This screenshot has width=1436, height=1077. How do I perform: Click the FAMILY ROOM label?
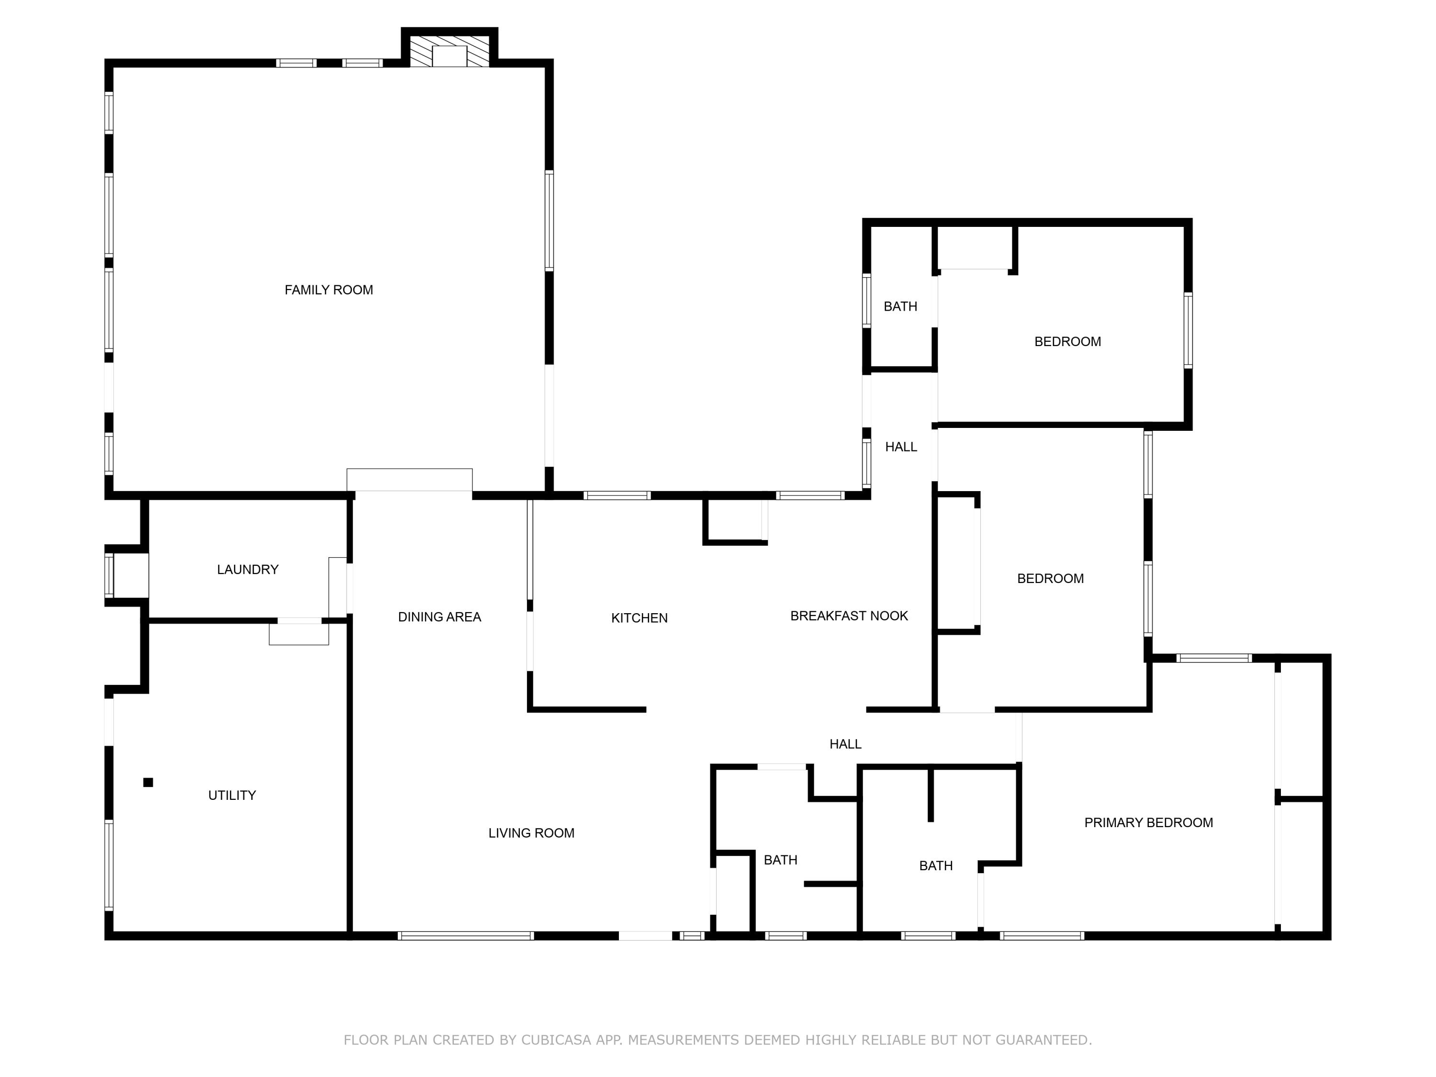tap(328, 290)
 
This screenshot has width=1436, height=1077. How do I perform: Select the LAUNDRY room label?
tap(247, 569)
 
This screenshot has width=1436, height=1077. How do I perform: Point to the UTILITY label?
tap(232, 795)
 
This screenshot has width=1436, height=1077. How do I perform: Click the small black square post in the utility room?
tap(148, 782)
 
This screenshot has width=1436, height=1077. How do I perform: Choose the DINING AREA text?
tap(439, 617)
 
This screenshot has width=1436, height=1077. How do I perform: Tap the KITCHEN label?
tap(639, 618)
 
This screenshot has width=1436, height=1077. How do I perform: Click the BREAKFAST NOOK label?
tap(849, 616)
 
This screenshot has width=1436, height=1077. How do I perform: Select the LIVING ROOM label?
tap(531, 833)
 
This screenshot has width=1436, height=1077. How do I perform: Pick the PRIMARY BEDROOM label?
tap(1148, 822)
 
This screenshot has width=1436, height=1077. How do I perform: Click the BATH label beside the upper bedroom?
tap(900, 306)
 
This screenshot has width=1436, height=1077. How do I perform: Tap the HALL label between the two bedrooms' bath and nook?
tap(900, 447)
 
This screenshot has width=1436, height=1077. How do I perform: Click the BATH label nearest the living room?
tap(780, 860)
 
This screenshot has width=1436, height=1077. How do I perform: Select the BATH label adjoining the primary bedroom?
tap(935, 865)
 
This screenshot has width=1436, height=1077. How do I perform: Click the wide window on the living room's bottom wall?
tap(465, 935)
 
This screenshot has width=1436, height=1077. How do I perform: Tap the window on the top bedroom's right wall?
tap(1188, 330)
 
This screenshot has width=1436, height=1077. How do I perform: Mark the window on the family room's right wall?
tap(549, 221)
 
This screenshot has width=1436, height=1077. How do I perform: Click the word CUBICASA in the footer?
tap(556, 1040)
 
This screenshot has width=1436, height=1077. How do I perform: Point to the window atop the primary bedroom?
tap(1213, 658)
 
